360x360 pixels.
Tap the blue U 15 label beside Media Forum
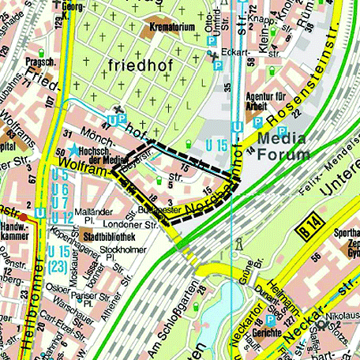point(218,145)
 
